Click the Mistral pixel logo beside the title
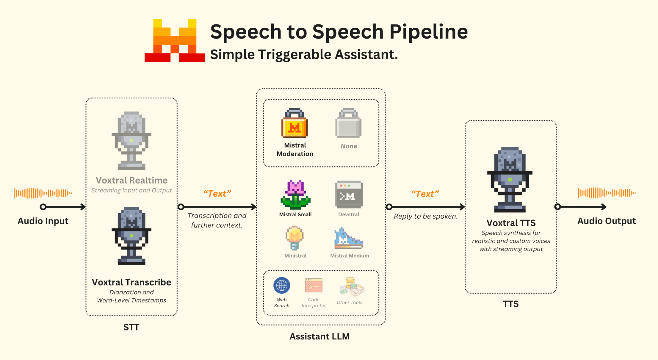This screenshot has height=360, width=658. (x=174, y=40)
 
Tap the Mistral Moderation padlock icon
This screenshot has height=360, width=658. (x=295, y=123)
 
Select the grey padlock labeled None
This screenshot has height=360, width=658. (x=348, y=123)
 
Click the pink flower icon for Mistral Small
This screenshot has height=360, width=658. (x=295, y=194)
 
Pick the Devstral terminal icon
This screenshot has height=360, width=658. (x=349, y=194)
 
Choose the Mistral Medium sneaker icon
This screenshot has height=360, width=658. (x=349, y=238)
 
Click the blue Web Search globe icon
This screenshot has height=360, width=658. (x=282, y=285)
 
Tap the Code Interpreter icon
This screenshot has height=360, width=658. (x=314, y=285)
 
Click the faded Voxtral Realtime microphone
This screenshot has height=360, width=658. (x=131, y=140)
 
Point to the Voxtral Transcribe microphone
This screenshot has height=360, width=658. (x=131, y=236)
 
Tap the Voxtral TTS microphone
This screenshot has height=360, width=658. (x=510, y=180)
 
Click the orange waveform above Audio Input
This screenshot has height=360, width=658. (x=43, y=193)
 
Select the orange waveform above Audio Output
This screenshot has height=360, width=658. (x=607, y=193)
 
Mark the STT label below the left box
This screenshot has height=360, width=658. (x=131, y=327)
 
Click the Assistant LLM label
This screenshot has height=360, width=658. (x=320, y=337)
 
